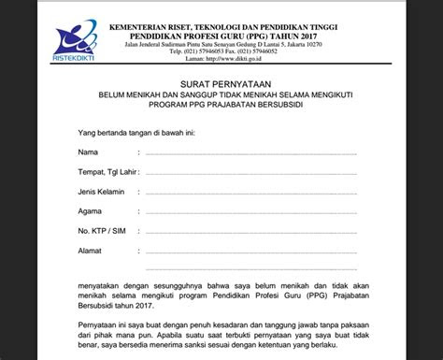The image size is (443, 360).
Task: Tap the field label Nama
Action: pyautogui.click(x=87, y=151)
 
